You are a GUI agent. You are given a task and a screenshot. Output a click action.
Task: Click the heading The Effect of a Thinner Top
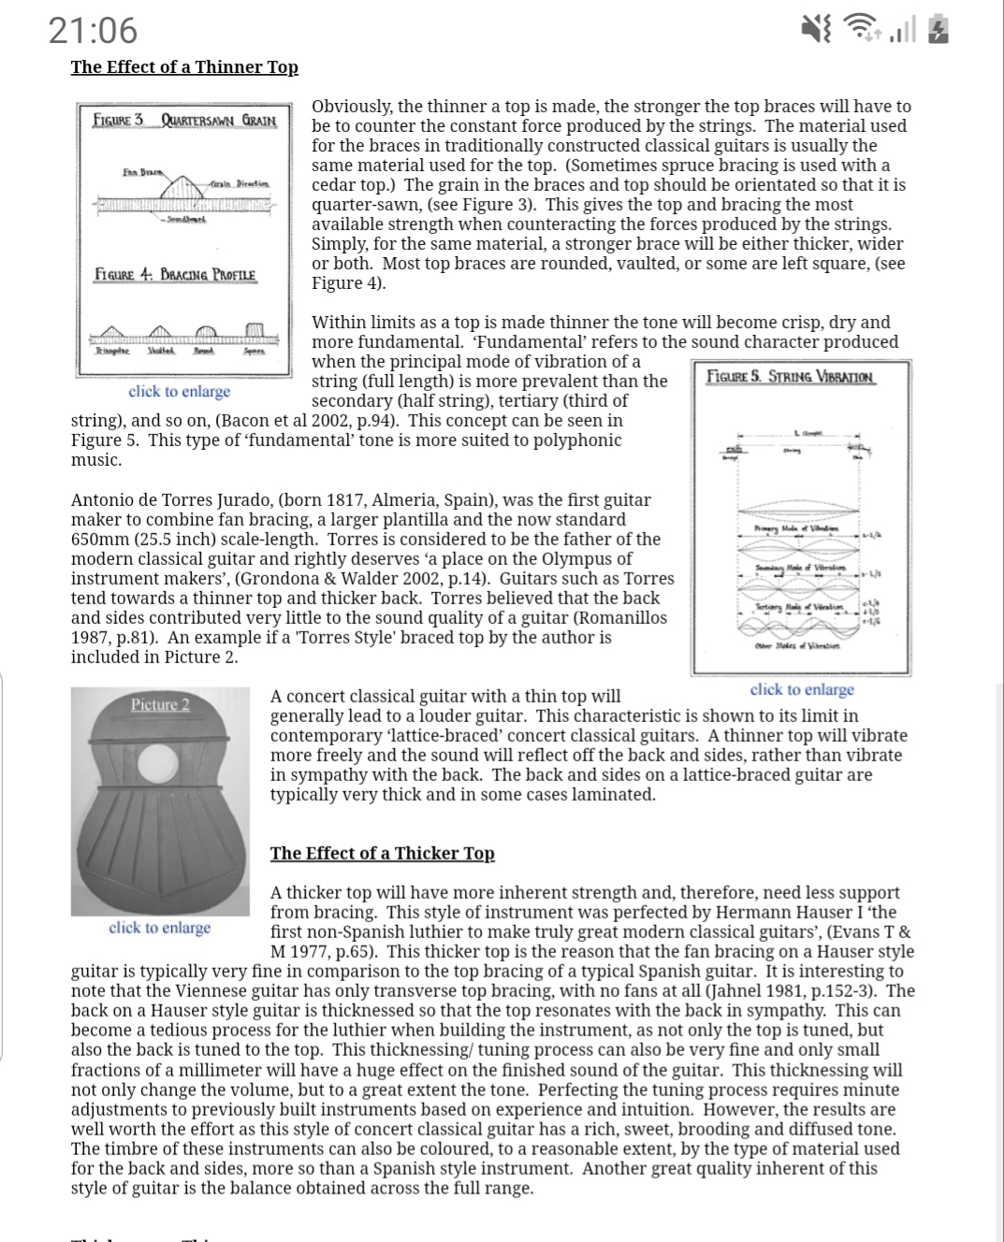184,67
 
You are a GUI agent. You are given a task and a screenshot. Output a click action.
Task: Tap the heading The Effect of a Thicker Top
382,853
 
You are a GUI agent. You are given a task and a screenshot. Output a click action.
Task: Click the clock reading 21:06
93,31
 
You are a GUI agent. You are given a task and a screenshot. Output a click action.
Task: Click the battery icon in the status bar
939,31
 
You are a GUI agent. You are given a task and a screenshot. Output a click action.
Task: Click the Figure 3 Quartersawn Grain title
185,121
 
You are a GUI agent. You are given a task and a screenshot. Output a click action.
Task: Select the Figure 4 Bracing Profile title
175,276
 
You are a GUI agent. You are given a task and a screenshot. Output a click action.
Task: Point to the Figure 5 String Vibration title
791,377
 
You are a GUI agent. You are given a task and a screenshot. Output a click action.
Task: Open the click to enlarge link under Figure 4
179,392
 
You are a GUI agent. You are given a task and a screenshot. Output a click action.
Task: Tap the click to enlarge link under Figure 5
802,690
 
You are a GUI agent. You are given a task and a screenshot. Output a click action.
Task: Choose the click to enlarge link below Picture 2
159,928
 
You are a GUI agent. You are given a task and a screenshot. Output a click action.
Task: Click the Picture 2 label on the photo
160,704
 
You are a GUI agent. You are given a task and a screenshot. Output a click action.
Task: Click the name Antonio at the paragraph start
103,500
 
